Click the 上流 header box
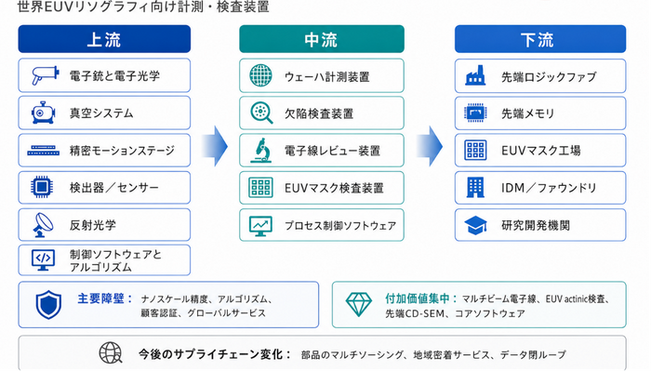[x=104, y=39]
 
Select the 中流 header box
[x=322, y=39]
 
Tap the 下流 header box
[x=540, y=39]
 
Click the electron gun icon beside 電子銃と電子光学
[x=45, y=75]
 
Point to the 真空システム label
[x=101, y=113]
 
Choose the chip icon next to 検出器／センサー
[x=42, y=187]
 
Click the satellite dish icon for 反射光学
[x=43, y=225]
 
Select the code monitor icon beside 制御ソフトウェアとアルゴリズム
[x=43, y=259]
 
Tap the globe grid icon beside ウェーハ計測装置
[x=260, y=75]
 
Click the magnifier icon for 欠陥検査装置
[x=261, y=113]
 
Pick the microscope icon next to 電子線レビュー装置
[x=260, y=151]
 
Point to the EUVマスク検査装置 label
[x=334, y=188]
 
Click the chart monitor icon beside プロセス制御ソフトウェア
[x=260, y=226]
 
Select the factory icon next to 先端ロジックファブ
[x=475, y=75]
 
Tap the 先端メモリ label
[x=527, y=113]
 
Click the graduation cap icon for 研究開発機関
[x=475, y=225]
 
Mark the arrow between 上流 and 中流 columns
[x=215, y=146]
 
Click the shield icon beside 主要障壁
[x=48, y=305]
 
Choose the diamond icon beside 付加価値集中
[x=359, y=305]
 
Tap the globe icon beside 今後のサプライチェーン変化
[x=111, y=353]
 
